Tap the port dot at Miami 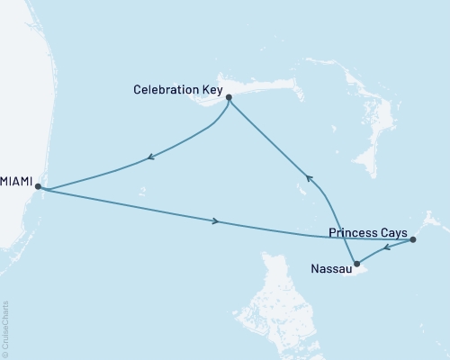click(38, 186)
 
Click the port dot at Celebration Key click(229, 97)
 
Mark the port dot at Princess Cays click(413, 239)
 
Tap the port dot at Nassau click(357, 264)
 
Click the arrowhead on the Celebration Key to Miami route click(149, 160)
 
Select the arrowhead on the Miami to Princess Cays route click(215, 221)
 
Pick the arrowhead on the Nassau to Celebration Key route click(308, 178)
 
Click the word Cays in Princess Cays click(392, 232)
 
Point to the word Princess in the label click(352, 232)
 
